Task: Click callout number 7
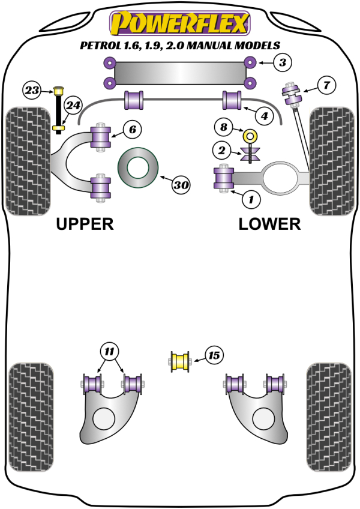326,85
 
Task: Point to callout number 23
32,91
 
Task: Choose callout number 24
73,106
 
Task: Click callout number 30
181,185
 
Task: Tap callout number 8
224,127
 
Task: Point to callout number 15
213,356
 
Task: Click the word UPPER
85,224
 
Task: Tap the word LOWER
269,224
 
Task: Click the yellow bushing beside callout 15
180,361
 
